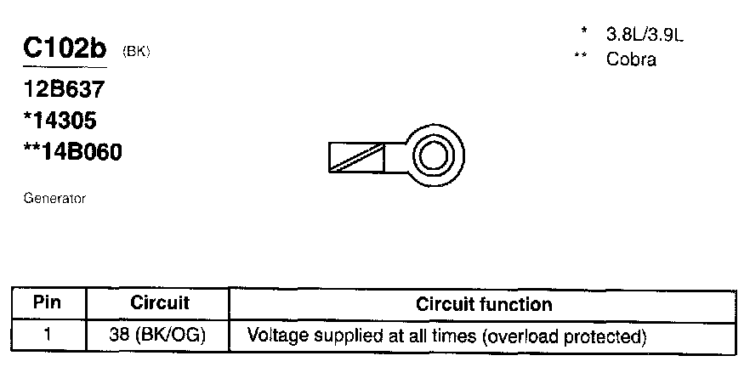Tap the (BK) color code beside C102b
(137, 52)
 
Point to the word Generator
(54, 199)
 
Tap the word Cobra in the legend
(631, 59)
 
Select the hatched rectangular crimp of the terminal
(356, 157)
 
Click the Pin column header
(48, 303)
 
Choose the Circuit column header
(159, 303)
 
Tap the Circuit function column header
(483, 304)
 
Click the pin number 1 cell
(48, 335)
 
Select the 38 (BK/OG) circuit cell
(159, 335)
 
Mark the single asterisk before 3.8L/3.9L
(584, 32)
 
